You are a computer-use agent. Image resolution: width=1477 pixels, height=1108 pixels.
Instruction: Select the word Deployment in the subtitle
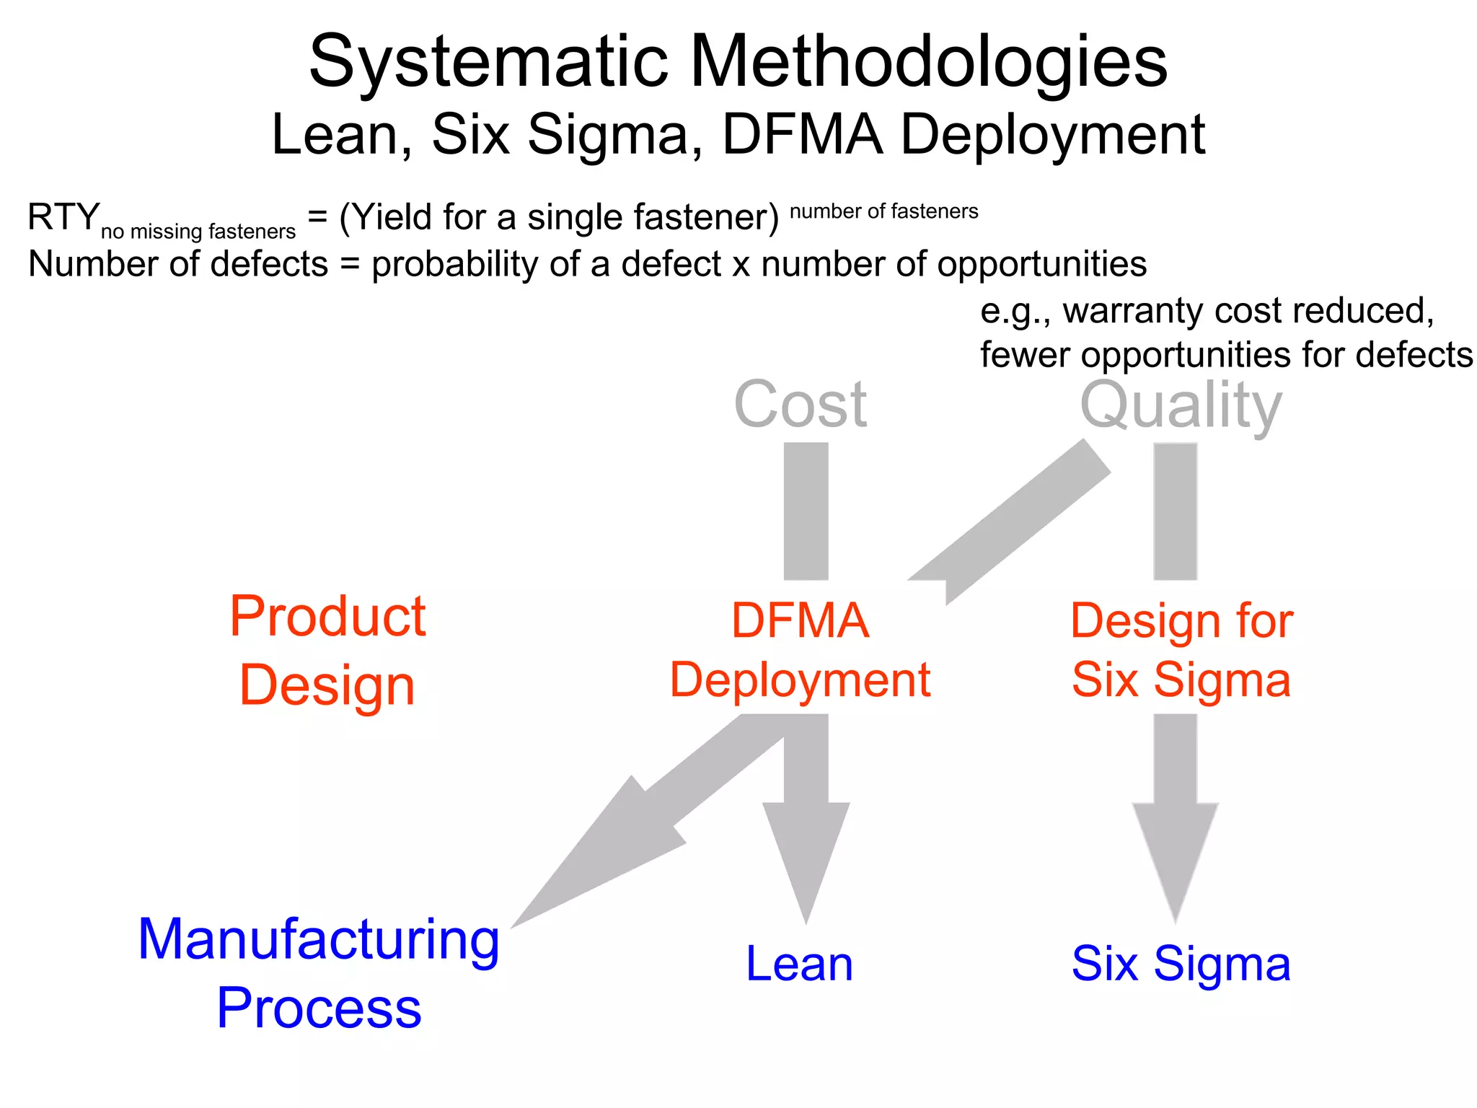point(1053,136)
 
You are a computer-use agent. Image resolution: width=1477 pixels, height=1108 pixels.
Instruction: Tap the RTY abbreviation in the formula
point(63,217)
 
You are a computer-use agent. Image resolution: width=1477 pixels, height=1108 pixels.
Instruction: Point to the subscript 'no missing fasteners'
point(198,232)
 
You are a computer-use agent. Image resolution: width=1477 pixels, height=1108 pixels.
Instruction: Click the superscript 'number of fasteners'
point(883,211)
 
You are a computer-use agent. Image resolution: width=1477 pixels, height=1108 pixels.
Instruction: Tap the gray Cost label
point(800,405)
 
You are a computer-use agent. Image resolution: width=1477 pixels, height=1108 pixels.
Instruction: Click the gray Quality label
point(1181,406)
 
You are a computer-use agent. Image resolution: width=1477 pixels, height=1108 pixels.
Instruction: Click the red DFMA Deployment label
point(800,650)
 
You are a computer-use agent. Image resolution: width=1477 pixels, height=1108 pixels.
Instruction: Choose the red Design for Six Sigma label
point(1181,650)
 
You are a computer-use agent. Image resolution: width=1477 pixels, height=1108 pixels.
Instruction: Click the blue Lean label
point(799,964)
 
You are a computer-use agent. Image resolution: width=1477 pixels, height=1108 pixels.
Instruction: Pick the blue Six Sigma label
point(1181,964)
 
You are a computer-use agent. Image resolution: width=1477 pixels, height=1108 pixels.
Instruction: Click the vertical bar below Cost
point(806,511)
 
